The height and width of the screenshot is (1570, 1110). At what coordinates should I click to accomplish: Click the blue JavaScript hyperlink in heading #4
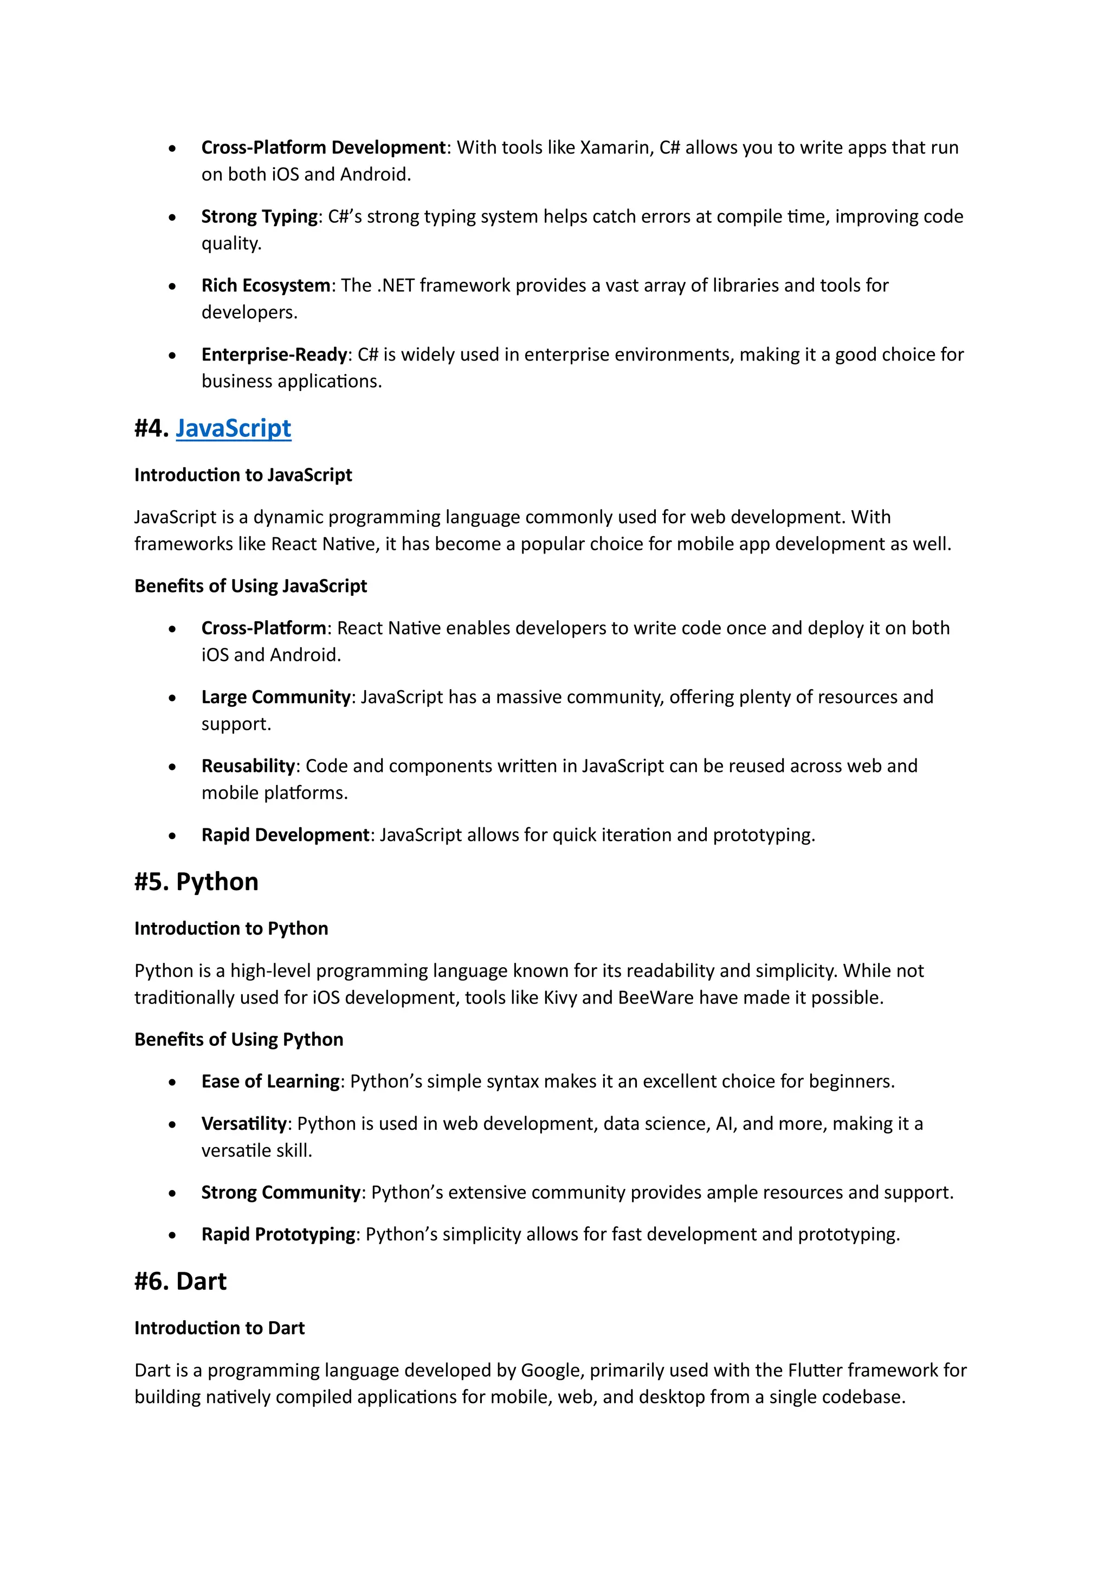[x=233, y=428]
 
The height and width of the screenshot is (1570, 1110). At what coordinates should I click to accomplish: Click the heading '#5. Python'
[x=196, y=881]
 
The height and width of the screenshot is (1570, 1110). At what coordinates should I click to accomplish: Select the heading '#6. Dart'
[x=180, y=1281]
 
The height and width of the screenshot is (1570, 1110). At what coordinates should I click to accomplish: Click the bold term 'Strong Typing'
[x=259, y=217]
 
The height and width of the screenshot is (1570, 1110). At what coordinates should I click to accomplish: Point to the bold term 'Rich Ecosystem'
[x=265, y=285]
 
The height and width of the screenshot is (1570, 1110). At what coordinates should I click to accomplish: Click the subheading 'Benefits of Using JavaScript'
[x=250, y=586]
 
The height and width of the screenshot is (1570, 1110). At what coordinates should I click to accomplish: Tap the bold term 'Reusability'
[x=248, y=766]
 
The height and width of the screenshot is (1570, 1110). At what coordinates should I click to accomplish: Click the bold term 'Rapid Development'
[x=285, y=835]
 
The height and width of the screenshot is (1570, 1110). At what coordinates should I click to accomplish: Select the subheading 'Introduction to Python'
[x=231, y=929]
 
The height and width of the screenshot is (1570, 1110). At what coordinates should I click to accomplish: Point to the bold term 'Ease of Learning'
[x=270, y=1081]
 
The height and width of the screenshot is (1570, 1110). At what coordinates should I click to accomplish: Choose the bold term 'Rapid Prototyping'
[x=277, y=1234]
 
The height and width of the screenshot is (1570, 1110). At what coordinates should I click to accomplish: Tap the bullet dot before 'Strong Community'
[x=172, y=1194]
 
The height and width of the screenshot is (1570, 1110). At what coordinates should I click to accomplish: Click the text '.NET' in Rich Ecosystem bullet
[x=396, y=285]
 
